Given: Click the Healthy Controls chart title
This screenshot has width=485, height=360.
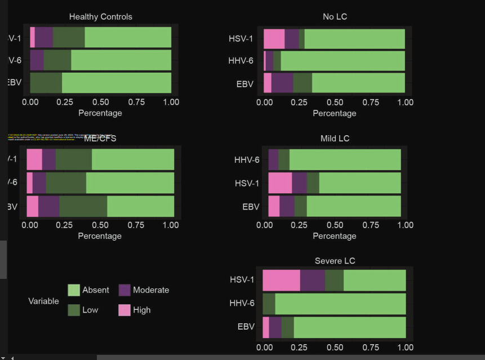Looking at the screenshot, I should tap(100, 17).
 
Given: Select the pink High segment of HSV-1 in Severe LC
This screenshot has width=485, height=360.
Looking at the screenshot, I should tap(281, 280).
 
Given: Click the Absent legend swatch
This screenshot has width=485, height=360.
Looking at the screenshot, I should tap(74, 290).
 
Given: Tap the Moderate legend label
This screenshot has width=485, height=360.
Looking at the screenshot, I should tap(150, 290).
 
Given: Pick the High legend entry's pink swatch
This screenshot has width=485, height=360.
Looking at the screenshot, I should tap(124, 310).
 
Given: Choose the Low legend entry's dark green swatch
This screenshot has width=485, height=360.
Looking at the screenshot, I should tap(74, 310).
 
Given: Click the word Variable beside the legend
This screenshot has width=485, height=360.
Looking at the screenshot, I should tap(43, 301).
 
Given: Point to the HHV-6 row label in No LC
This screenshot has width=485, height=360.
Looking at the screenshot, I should tap(241, 61).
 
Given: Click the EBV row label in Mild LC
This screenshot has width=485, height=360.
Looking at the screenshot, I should tap(251, 207).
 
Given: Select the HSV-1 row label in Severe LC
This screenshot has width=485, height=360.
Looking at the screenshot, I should tap(242, 280).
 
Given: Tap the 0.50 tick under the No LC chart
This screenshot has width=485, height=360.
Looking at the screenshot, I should tap(335, 103).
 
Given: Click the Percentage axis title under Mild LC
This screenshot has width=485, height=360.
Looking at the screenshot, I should tap(334, 236).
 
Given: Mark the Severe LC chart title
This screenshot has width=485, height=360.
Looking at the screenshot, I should tap(335, 261).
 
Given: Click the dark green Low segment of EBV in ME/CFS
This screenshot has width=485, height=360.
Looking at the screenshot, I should tap(83, 206).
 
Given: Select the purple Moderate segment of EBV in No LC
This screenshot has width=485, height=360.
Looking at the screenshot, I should tap(282, 83).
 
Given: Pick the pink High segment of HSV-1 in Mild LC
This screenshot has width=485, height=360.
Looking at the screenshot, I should tap(280, 183).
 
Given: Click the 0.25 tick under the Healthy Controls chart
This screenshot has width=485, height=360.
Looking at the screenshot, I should tap(65, 103).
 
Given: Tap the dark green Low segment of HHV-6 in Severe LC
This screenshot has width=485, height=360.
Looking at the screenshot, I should tap(269, 304).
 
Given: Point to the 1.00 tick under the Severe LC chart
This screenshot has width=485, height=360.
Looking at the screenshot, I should tap(405, 348).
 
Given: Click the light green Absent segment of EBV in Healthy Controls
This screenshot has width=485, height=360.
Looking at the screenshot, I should tap(116, 83).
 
